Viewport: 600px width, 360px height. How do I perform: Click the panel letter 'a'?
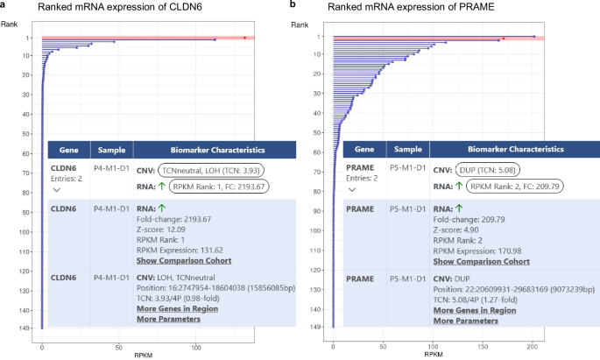[4, 6]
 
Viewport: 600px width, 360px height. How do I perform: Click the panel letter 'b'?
[294, 6]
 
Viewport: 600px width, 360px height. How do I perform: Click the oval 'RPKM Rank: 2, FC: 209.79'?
[510, 187]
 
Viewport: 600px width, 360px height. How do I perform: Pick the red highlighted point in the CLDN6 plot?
[244, 38]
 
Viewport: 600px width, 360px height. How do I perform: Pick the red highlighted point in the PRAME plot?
[504, 39]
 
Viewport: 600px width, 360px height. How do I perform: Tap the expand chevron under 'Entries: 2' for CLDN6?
[58, 189]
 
